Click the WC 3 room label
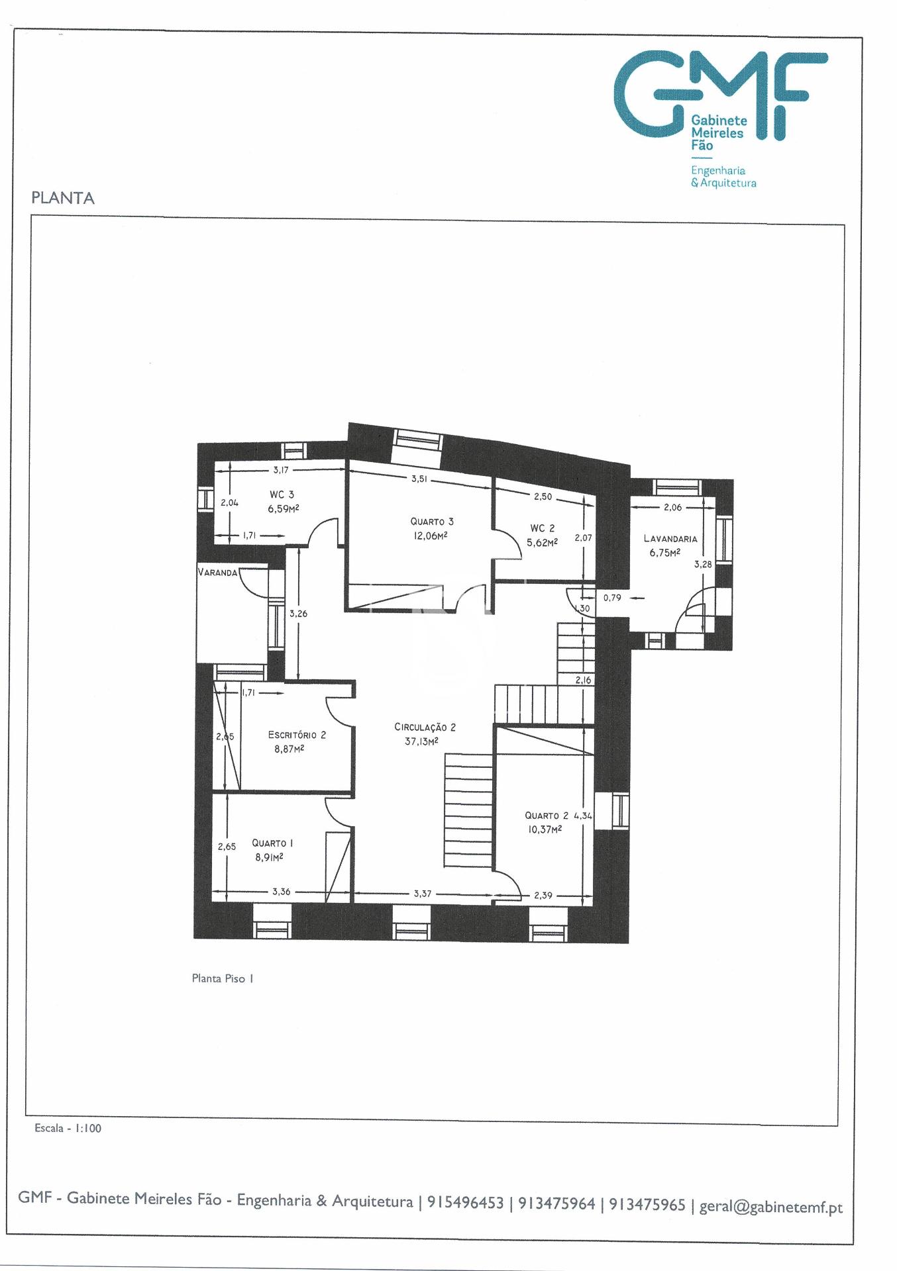click(x=282, y=494)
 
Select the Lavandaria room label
click(x=670, y=539)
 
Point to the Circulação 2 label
click(x=425, y=727)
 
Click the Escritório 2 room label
click(x=297, y=735)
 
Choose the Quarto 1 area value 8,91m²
click(x=269, y=857)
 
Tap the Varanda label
click(x=217, y=573)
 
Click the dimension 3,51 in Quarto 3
click(x=419, y=479)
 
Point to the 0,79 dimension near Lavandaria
click(x=612, y=598)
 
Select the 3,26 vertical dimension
click(x=298, y=614)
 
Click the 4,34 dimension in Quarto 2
click(x=583, y=816)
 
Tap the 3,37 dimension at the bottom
click(x=422, y=894)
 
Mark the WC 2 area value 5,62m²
click(x=542, y=541)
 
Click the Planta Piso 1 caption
click(x=223, y=978)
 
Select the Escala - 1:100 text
click(x=68, y=1128)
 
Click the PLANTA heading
click(x=63, y=198)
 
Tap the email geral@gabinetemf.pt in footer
click(x=771, y=1206)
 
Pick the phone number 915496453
click(x=465, y=1202)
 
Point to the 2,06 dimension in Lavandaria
click(x=672, y=508)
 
